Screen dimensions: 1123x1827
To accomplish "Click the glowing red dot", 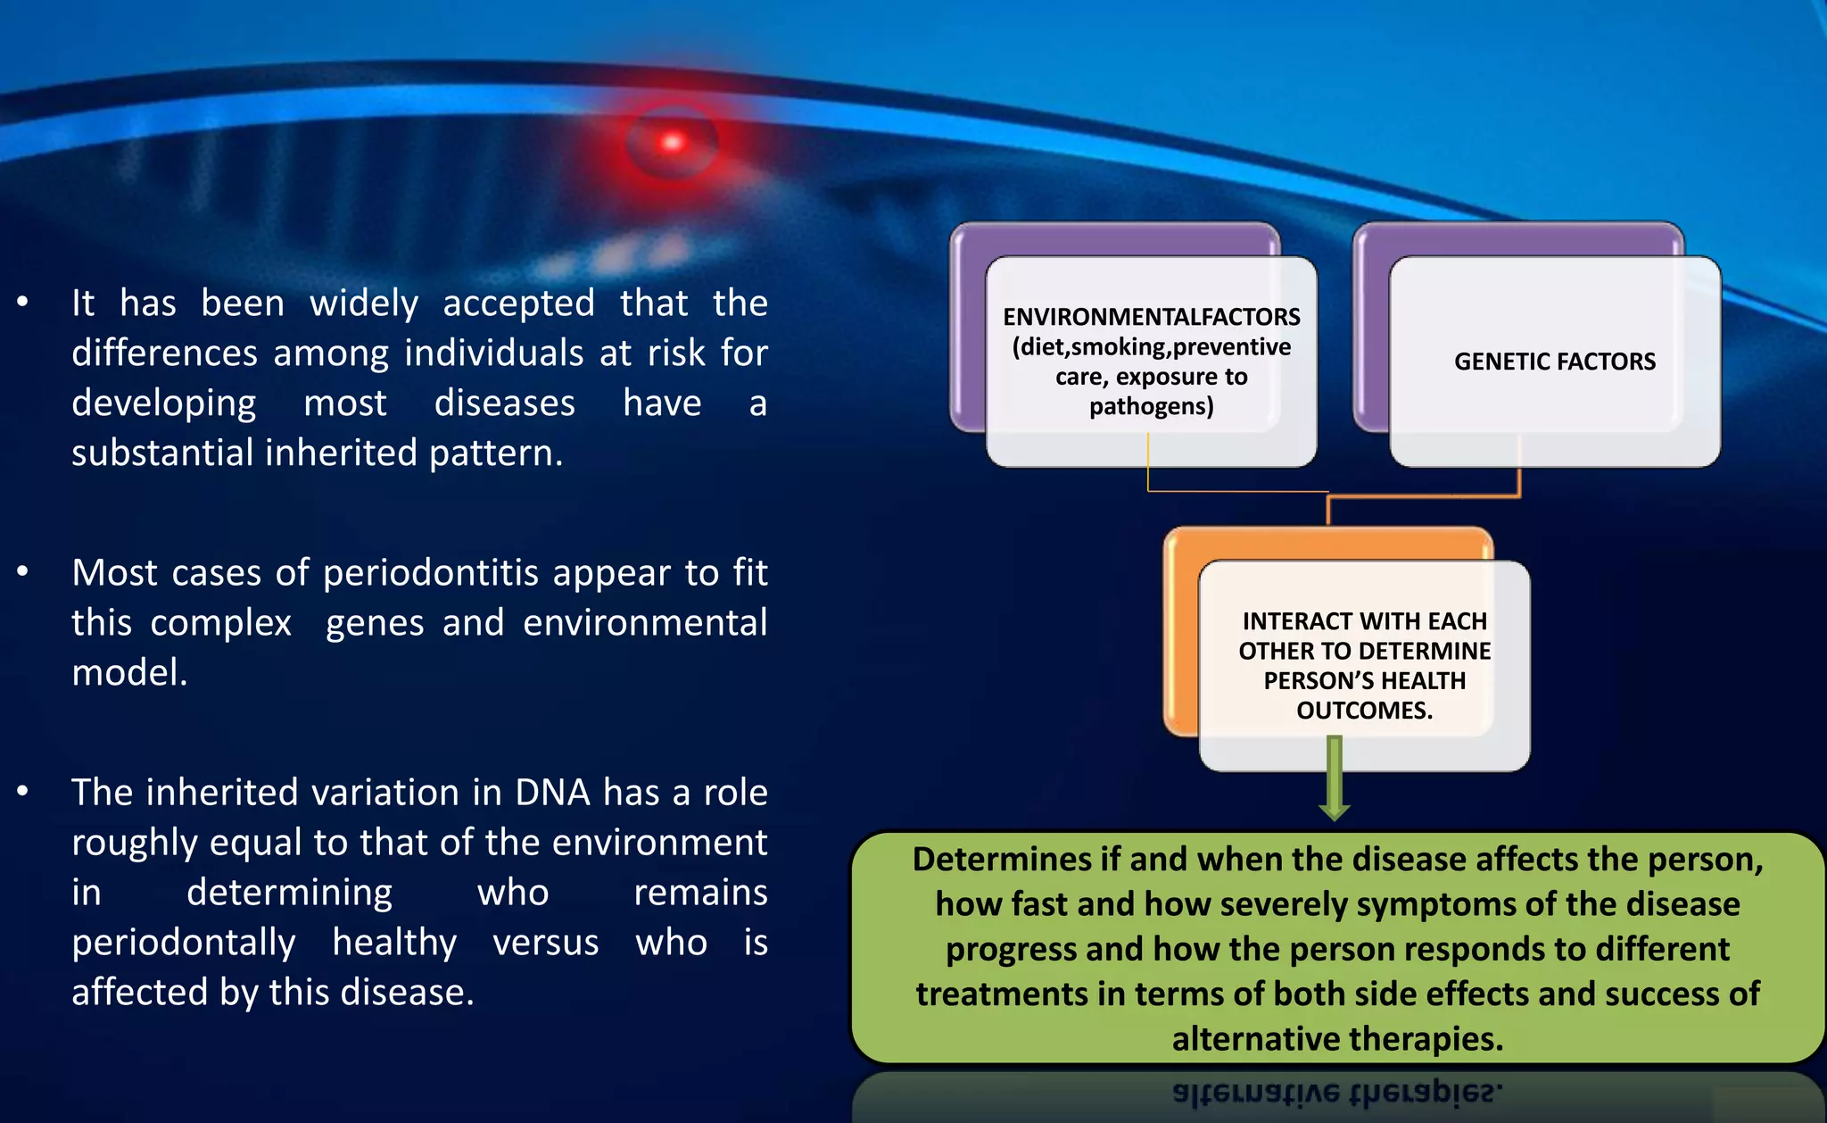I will [673, 142].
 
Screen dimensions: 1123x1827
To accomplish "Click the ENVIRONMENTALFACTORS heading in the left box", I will [1151, 317].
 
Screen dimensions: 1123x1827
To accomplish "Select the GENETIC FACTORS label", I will [1554, 362].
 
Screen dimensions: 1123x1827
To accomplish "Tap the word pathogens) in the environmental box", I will [1151, 407].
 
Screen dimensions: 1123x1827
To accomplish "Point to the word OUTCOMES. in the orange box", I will [1364, 711].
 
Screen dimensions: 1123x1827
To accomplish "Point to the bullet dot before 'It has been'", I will [22, 302].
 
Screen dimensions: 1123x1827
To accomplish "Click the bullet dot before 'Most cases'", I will [22, 571].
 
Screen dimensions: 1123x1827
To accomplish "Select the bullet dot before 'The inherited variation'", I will [22, 791].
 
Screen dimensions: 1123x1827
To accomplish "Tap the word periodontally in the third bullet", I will [183, 943].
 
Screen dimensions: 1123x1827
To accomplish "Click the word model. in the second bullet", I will [129, 673].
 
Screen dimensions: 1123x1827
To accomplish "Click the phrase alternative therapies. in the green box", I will [1336, 1039].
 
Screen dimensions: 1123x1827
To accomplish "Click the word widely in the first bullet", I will [364, 304].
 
